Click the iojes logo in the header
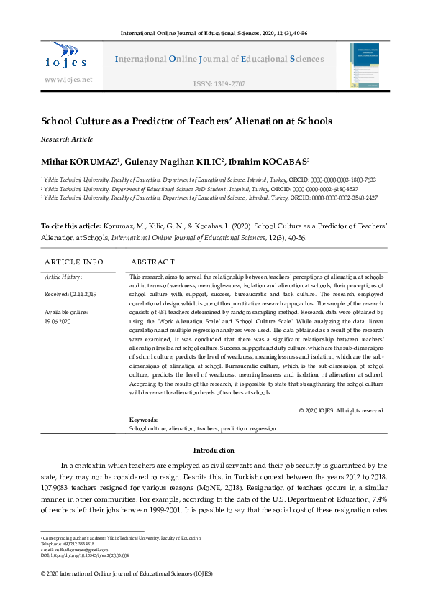pos(68,55)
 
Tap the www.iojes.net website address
pos(68,79)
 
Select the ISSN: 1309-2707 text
pos(219,84)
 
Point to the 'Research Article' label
pos(68,139)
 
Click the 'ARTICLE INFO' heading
pos(74,262)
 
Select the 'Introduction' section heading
pos(213,450)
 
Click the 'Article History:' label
pos(63,276)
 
